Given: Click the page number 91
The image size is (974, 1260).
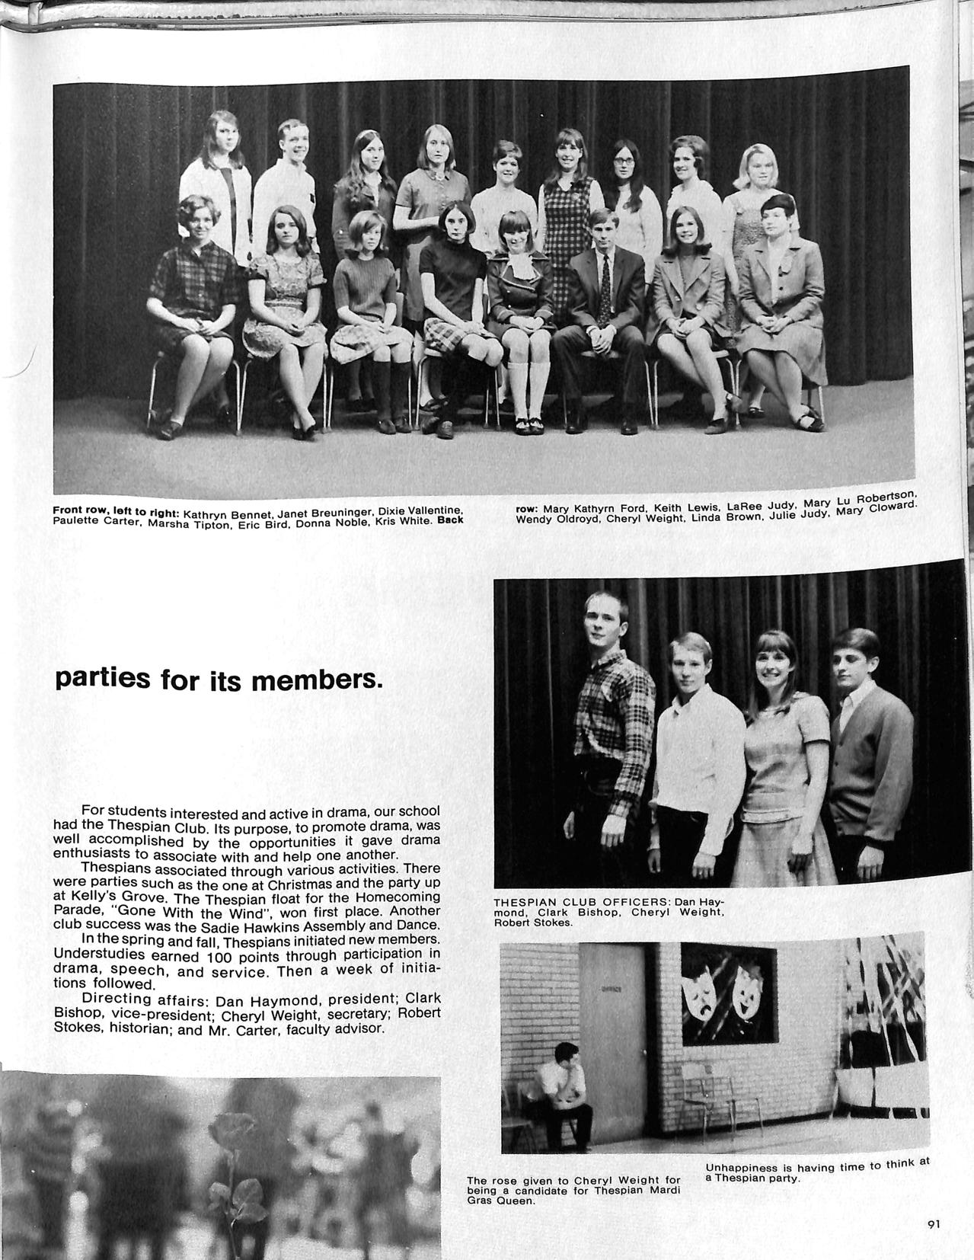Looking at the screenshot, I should click(934, 1224).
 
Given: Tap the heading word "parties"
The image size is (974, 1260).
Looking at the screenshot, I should click(102, 678).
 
